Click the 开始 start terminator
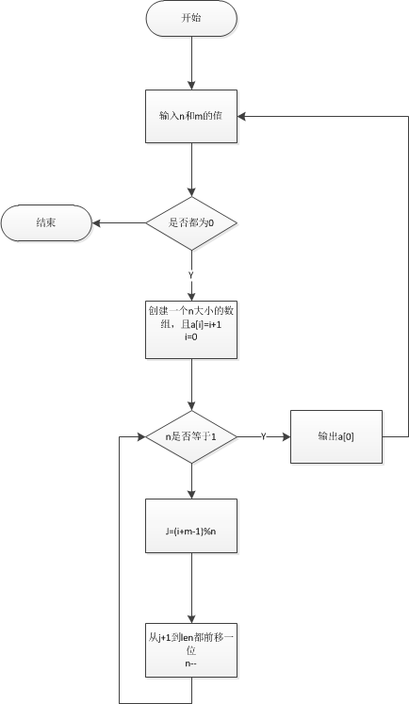point(191,19)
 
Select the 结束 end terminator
point(46,222)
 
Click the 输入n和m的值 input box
point(191,116)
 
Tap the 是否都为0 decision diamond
point(191,223)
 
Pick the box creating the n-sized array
point(191,330)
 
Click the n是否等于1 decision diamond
point(191,436)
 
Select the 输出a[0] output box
point(336,436)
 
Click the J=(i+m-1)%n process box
point(191,525)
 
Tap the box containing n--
point(191,649)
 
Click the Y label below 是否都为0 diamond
point(190,276)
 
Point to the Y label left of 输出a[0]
point(264,436)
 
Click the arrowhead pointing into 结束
point(96,223)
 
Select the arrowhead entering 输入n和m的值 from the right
point(241,116)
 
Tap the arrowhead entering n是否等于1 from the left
point(142,436)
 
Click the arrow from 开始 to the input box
point(191,63)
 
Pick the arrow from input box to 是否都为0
point(191,170)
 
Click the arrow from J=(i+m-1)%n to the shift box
point(191,588)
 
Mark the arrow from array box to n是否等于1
point(191,385)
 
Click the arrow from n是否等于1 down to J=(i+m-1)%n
point(191,481)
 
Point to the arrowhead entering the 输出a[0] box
point(286,436)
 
